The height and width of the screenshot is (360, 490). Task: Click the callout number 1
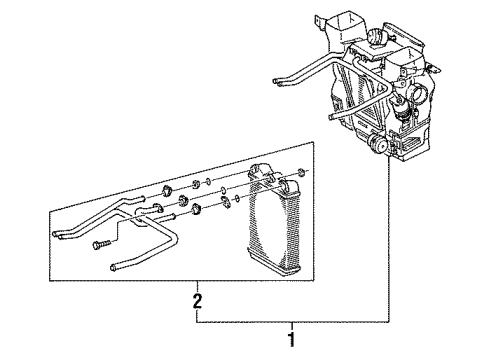click(292, 339)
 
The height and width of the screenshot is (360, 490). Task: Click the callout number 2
click(197, 301)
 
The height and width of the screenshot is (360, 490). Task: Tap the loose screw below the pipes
click(101, 245)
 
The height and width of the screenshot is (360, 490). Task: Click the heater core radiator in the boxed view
click(274, 220)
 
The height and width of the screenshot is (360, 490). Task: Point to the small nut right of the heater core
click(301, 172)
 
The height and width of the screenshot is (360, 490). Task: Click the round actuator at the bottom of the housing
click(379, 144)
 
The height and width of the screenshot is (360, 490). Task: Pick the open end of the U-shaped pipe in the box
click(114, 267)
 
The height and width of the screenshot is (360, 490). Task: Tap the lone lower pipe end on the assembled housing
click(331, 116)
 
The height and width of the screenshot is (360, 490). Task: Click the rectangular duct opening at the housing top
click(343, 23)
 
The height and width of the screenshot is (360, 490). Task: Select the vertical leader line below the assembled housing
click(389, 240)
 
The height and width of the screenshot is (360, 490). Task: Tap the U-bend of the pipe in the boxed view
click(174, 238)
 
